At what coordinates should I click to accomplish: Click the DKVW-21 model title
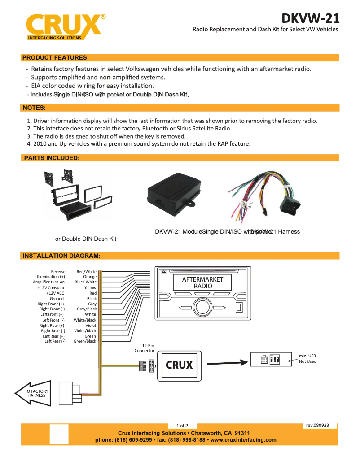310,18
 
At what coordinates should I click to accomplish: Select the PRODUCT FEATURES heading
55,58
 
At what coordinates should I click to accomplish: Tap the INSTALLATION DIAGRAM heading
61,256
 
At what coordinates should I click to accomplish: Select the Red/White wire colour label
86,272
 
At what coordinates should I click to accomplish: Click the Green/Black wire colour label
85,341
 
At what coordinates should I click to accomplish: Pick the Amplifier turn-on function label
48,282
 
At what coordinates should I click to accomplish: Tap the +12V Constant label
51,288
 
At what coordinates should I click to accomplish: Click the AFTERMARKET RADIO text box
202,282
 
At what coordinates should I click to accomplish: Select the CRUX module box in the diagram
179,365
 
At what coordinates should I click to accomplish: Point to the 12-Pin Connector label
145,348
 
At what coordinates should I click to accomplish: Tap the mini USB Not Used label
307,358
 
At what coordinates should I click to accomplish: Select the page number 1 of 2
182,426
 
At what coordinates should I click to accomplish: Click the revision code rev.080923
320,425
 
